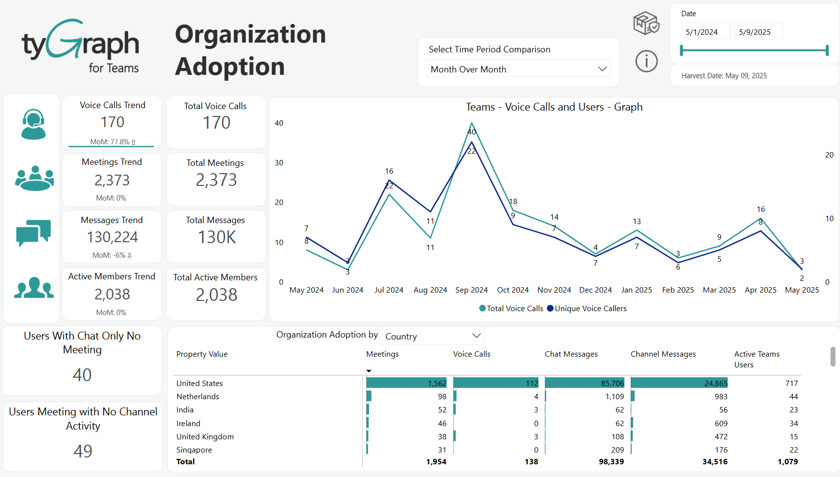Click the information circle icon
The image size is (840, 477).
click(646, 62)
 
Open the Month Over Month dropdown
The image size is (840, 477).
click(518, 69)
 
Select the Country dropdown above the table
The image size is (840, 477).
click(433, 336)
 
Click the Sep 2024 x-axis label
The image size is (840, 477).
click(471, 290)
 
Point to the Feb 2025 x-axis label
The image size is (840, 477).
click(678, 290)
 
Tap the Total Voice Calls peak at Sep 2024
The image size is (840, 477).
click(471, 123)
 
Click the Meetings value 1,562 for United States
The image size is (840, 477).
click(437, 384)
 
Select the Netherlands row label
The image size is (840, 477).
click(198, 397)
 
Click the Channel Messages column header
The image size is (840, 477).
click(663, 354)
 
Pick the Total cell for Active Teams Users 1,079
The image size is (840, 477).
click(787, 462)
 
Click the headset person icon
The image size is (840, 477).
click(33, 124)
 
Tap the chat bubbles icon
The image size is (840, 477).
click(33, 232)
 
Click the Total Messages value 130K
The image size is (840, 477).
click(217, 237)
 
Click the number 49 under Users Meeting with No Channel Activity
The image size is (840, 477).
click(83, 451)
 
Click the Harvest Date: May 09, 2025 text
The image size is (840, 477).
click(724, 76)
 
